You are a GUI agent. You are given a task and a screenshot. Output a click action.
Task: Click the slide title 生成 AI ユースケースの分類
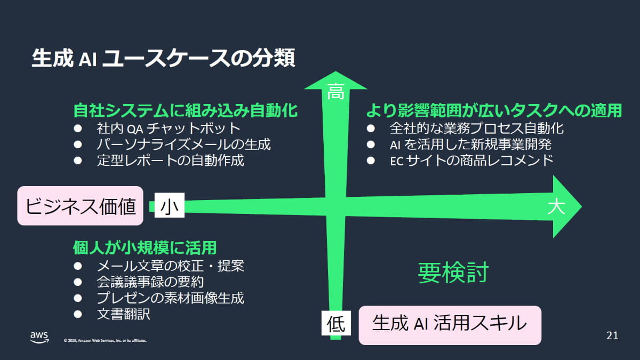(163, 58)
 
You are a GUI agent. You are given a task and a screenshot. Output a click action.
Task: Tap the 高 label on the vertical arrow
(335, 91)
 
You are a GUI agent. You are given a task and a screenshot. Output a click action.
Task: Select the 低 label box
(335, 323)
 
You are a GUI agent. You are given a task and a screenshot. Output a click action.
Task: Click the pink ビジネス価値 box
(81, 206)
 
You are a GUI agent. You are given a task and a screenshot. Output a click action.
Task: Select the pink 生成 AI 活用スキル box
(450, 324)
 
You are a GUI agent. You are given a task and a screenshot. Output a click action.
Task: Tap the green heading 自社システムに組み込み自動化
(185, 111)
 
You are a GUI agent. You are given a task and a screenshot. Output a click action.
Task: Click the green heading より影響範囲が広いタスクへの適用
(494, 111)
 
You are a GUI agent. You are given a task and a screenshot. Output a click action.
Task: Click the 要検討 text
(453, 273)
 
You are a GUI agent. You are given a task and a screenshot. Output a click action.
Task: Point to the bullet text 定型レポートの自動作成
(171, 160)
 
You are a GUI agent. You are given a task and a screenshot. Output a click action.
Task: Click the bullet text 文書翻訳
(124, 314)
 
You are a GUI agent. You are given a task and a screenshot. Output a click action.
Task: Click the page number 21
(612, 336)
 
